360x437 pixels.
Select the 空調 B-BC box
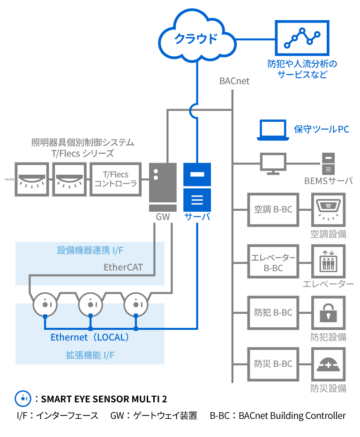coord(273,209)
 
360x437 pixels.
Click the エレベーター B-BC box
coord(273,263)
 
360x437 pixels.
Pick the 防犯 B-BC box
coord(273,312)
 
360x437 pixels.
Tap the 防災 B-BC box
coord(273,363)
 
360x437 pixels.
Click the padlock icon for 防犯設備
coord(328,312)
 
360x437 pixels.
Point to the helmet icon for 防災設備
coord(328,364)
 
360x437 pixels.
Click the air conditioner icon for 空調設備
coord(328,209)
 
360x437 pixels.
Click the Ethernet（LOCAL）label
coord(90,337)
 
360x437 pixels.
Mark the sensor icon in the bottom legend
coord(22,399)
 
